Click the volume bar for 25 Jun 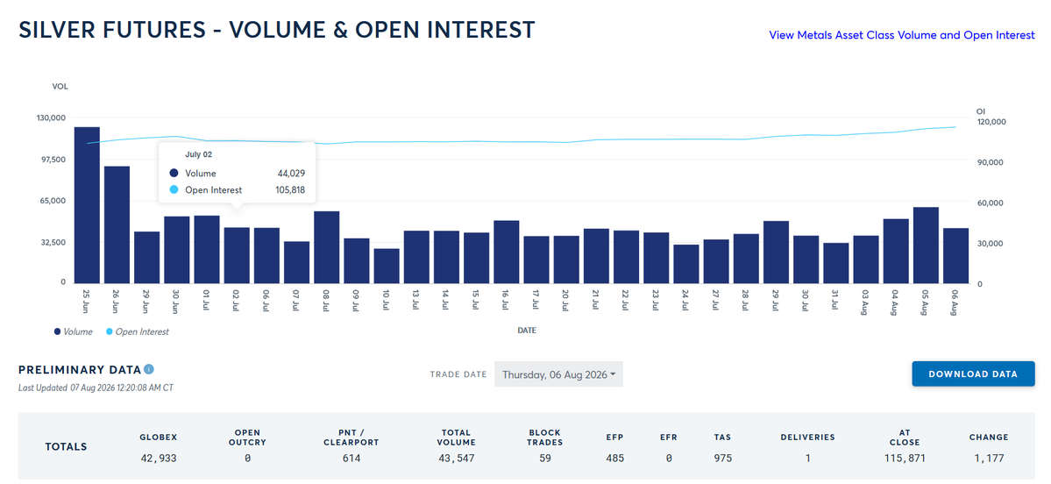click(87, 204)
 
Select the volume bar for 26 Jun click(117, 224)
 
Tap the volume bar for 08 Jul click(326, 246)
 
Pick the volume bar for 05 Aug click(926, 245)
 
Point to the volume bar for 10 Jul click(387, 266)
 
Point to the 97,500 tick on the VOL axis click(50, 160)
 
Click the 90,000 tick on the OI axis click(990, 162)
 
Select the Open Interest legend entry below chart click(138, 331)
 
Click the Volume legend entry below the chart click(74, 331)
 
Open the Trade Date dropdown click(558, 374)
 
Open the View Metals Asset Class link click(901, 35)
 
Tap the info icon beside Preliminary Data click(149, 369)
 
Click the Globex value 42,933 click(158, 459)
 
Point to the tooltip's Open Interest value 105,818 click(290, 189)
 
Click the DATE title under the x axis click(526, 331)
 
